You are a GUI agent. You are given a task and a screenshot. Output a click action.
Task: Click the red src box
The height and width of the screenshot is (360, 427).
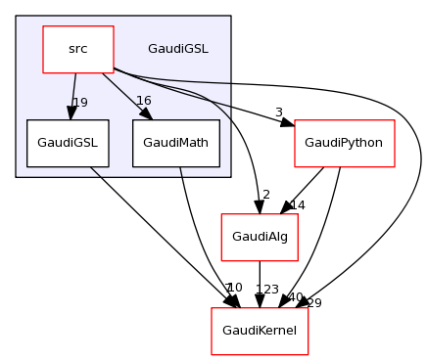(78, 49)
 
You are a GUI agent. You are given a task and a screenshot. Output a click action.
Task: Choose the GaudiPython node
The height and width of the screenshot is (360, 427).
(344, 143)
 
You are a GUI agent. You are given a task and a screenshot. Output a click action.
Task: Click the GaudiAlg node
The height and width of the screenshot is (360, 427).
(260, 237)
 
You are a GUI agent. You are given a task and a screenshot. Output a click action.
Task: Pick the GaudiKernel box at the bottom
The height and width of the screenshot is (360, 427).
(261, 331)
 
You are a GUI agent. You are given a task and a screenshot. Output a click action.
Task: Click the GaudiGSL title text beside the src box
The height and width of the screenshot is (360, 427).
(177, 49)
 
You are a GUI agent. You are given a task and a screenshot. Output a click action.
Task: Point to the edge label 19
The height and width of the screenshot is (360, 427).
(80, 102)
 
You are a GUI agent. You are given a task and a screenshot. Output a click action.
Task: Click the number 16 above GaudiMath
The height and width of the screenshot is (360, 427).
(143, 102)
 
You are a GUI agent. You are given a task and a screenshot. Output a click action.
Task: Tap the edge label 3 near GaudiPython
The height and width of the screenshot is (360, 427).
(278, 112)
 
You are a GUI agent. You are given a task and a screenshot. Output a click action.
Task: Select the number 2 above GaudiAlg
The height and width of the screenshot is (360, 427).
(265, 195)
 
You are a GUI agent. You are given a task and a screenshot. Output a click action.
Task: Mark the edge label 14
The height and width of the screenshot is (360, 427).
(298, 206)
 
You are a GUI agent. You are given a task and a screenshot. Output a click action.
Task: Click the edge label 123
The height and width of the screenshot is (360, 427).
(267, 290)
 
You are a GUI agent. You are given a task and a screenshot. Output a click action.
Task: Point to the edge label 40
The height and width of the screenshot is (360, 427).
(295, 297)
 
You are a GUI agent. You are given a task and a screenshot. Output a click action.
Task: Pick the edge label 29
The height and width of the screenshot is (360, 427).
(314, 303)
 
